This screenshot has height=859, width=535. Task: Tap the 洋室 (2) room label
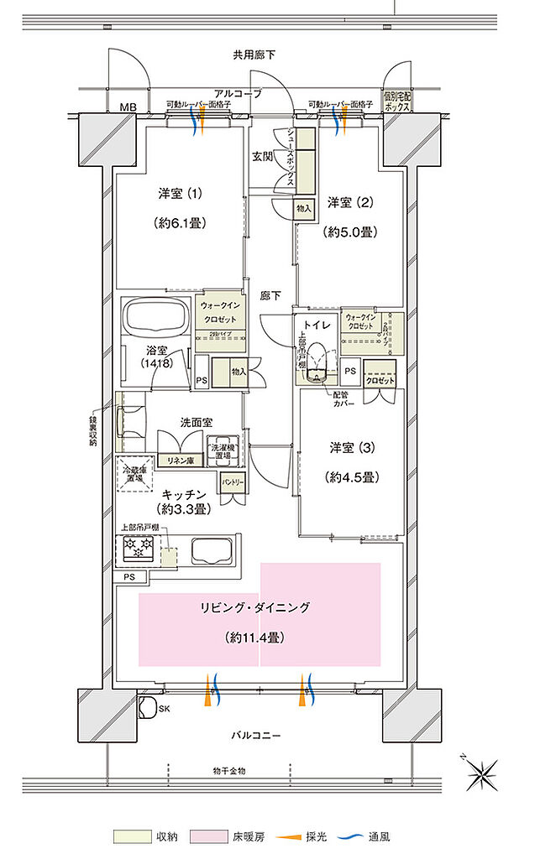350,202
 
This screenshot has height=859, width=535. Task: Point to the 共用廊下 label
254,55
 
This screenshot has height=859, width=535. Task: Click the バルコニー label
257,735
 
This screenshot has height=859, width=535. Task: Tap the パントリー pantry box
233,483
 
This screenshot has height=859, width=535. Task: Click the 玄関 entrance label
261,157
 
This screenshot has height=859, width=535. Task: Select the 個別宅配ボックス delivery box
399,103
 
